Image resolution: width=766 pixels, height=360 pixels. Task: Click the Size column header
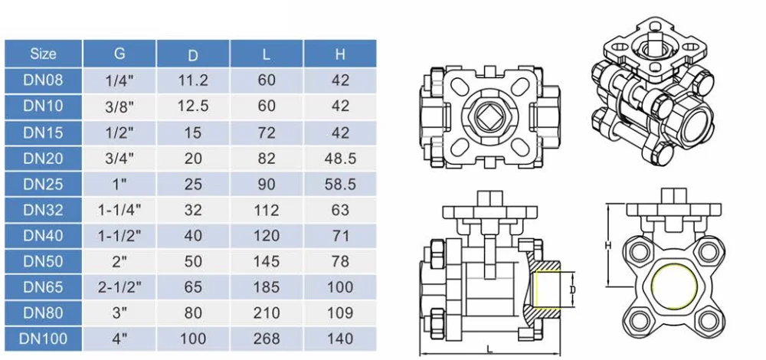[43, 54]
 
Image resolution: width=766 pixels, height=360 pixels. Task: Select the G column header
[119, 54]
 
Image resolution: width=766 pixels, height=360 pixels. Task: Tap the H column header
[339, 54]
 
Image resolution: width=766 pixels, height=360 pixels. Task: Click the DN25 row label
[43, 184]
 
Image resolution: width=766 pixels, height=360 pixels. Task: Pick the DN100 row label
[43, 338]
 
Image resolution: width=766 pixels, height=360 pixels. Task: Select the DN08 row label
[43, 80]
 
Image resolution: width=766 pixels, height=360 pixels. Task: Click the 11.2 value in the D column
[193, 80]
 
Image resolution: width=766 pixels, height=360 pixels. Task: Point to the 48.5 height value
[339, 158]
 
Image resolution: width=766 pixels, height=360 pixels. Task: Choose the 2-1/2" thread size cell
[119, 287]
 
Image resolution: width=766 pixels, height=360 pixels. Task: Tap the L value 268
[266, 338]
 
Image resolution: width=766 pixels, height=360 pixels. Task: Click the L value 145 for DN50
[266, 261]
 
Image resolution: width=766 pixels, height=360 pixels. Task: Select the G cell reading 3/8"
[119, 106]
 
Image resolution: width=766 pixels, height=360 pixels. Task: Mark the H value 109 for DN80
[339, 313]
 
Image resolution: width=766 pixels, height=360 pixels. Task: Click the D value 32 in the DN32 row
[193, 210]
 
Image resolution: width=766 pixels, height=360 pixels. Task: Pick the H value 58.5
[339, 184]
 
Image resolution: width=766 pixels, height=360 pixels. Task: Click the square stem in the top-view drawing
[488, 118]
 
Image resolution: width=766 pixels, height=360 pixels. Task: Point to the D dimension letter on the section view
[571, 290]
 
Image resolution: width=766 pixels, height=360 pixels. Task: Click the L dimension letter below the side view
[489, 349]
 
